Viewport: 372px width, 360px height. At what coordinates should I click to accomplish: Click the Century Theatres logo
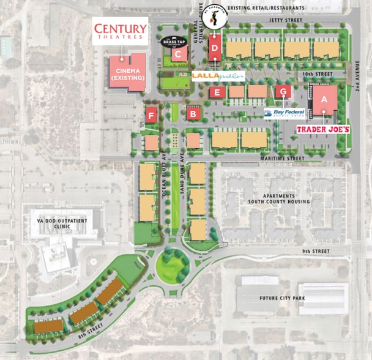pos(120,31)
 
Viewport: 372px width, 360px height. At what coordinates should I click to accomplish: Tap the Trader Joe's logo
pos(322,130)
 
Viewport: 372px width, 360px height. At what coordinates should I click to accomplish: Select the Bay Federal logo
pos(284,113)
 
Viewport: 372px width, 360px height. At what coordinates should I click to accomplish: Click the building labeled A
pos(324,98)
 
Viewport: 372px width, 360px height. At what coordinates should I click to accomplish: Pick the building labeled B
pos(194,113)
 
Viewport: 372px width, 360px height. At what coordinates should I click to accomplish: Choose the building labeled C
pos(178,54)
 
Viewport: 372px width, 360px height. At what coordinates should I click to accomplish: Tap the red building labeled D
pos(215,48)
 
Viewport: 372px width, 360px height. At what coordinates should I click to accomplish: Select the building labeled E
pos(215,92)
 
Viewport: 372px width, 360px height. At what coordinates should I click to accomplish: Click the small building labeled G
pos(282,92)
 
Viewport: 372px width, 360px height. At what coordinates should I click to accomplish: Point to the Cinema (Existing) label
pos(128,75)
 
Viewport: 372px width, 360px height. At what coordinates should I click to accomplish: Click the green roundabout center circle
pos(173,266)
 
